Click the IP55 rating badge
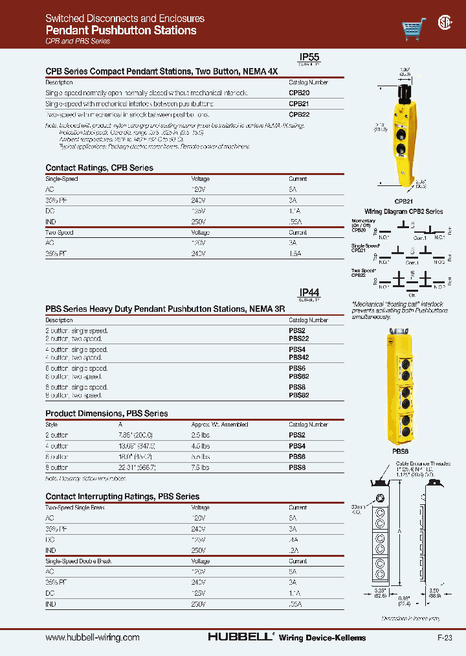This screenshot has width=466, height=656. click(x=309, y=58)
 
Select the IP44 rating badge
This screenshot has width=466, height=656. click(x=309, y=294)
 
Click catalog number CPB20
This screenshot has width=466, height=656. click(x=299, y=93)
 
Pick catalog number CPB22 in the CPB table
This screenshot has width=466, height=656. click(x=299, y=114)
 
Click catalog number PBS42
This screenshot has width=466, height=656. click(x=299, y=358)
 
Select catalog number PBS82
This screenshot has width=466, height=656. click(x=299, y=395)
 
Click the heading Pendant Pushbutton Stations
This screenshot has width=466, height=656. click(x=121, y=30)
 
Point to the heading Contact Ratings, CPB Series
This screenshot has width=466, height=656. click(x=99, y=168)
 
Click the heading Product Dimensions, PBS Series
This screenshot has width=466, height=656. click(x=106, y=414)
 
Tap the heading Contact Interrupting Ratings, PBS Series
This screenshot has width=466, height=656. click(x=122, y=497)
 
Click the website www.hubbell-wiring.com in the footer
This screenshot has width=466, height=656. click(x=93, y=637)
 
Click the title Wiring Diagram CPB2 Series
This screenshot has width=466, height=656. click(x=403, y=211)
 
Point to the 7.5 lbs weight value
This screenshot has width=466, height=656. click(x=201, y=467)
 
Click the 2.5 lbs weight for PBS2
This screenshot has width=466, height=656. click(x=201, y=436)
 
